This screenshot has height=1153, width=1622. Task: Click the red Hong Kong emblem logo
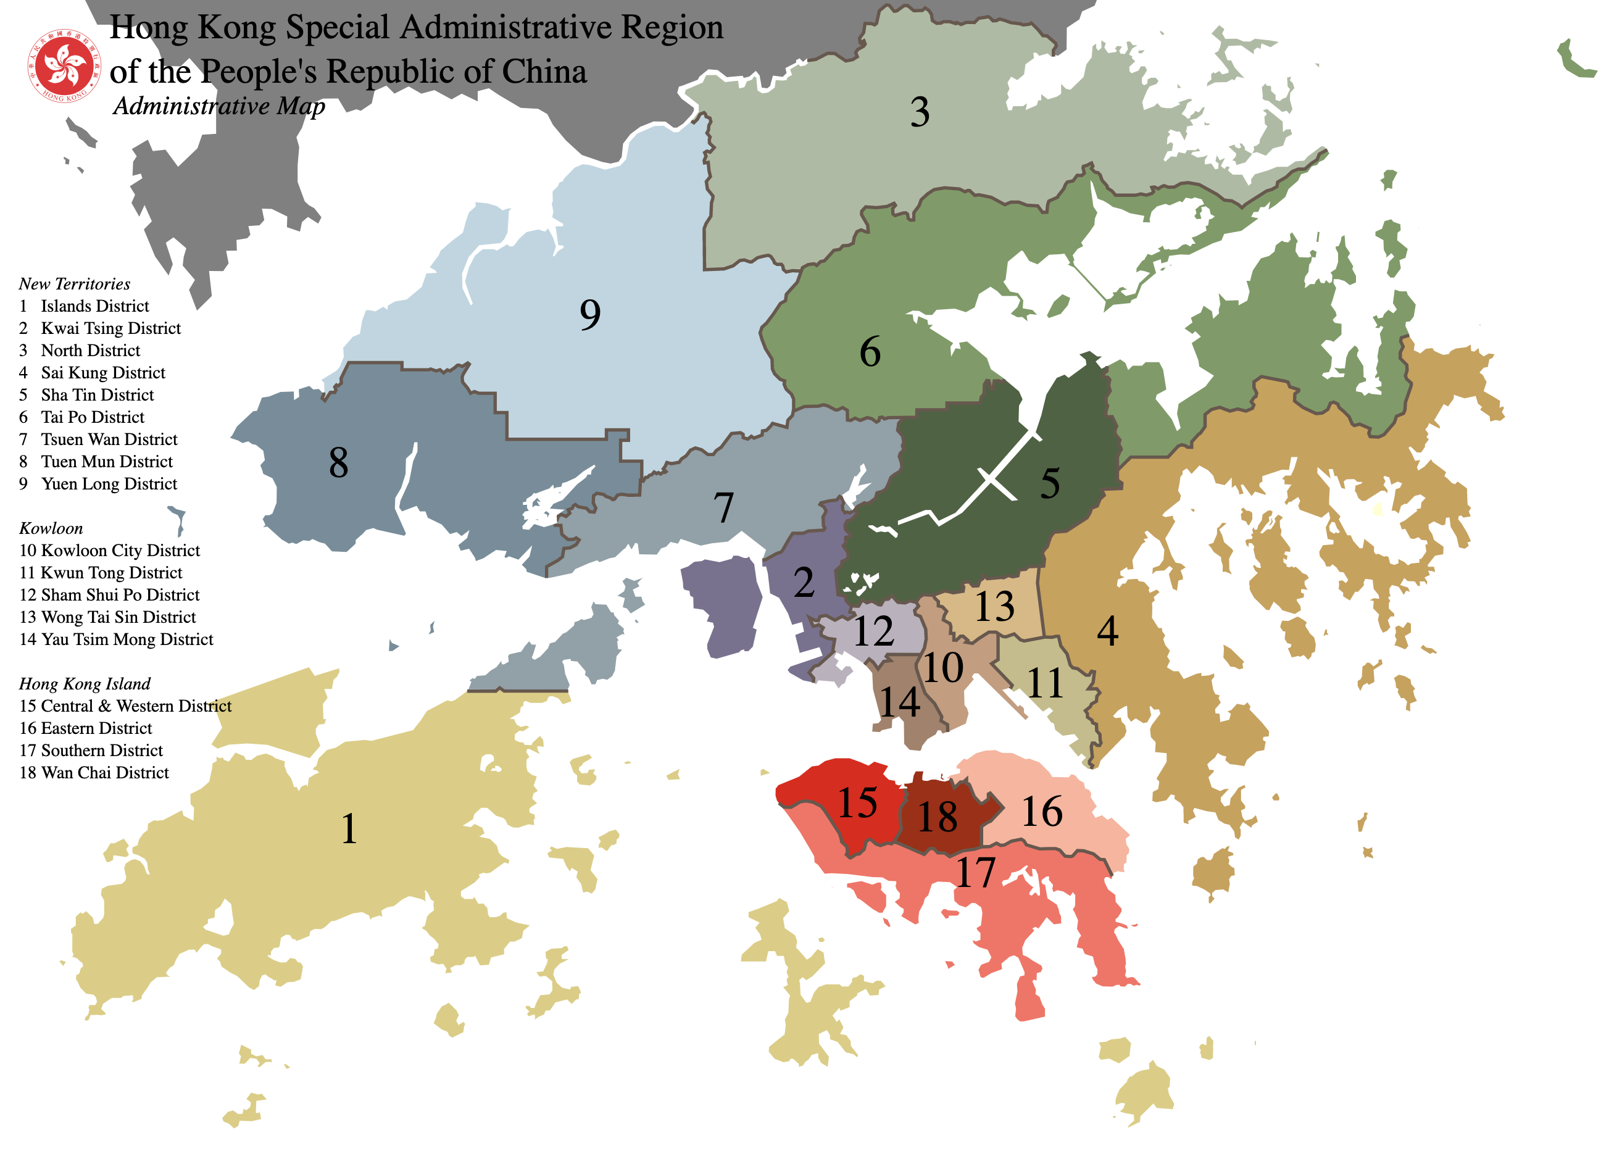tap(64, 65)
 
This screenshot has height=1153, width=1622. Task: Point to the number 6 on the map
tap(870, 351)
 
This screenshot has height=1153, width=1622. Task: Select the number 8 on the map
tap(339, 463)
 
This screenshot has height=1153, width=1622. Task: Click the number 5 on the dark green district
tap(1050, 483)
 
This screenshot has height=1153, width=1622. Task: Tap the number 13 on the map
tap(994, 606)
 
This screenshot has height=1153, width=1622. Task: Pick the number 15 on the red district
tap(857, 803)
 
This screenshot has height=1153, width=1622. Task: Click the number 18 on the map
tap(937, 817)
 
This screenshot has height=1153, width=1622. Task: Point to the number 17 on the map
tap(975, 873)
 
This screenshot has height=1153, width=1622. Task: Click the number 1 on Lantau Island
tap(349, 828)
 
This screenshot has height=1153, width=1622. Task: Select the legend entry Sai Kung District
tap(103, 373)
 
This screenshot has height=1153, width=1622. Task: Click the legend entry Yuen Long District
tap(109, 483)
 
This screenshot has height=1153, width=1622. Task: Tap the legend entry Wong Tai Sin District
tap(119, 617)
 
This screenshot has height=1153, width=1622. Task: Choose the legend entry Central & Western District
tap(136, 706)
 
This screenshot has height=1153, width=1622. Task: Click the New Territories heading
tap(75, 284)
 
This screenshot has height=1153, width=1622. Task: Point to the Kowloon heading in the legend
tap(51, 528)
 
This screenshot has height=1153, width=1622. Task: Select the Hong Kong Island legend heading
tap(85, 684)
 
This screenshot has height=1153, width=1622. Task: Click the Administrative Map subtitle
tap(218, 106)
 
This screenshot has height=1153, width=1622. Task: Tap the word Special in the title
tap(337, 28)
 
